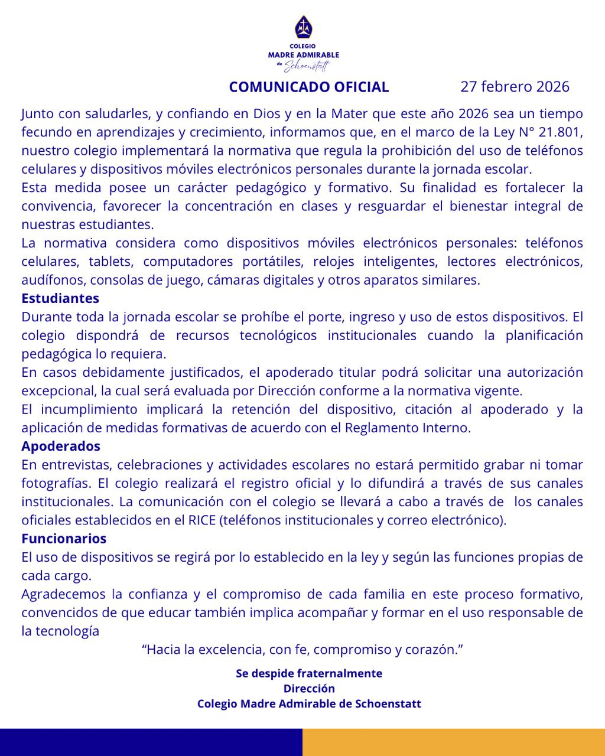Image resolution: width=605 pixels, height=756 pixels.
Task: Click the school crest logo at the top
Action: click(x=302, y=27)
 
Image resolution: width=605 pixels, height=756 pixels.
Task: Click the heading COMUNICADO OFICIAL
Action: click(x=309, y=87)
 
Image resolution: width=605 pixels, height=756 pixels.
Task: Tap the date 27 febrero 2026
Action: click(x=515, y=87)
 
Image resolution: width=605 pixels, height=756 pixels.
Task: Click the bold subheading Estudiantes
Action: click(x=60, y=298)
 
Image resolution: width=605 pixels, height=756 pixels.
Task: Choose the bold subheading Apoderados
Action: click(x=61, y=446)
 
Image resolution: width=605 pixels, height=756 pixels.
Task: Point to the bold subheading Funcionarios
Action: click(x=64, y=539)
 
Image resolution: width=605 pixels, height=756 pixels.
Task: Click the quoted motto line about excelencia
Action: click(x=302, y=650)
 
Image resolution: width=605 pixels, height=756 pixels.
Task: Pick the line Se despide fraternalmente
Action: click(x=309, y=673)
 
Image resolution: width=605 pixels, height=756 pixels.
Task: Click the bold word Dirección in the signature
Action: click(x=309, y=689)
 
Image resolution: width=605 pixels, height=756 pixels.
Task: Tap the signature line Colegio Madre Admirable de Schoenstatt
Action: click(x=309, y=704)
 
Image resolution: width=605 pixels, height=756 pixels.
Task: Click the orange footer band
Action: click(x=453, y=742)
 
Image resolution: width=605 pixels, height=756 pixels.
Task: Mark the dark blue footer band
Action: click(x=151, y=742)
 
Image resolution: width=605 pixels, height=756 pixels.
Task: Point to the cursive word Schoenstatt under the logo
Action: click(x=308, y=66)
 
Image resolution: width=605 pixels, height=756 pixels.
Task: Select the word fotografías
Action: click(x=56, y=483)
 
